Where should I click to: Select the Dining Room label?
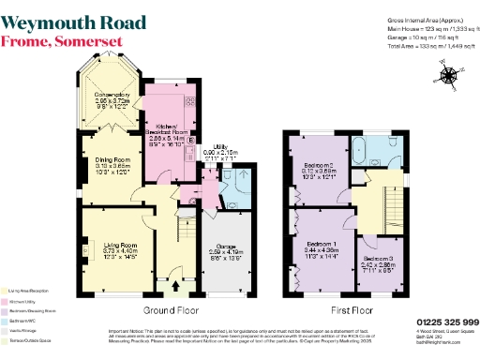112,160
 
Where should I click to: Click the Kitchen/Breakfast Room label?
169,134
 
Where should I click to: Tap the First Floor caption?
352,310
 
